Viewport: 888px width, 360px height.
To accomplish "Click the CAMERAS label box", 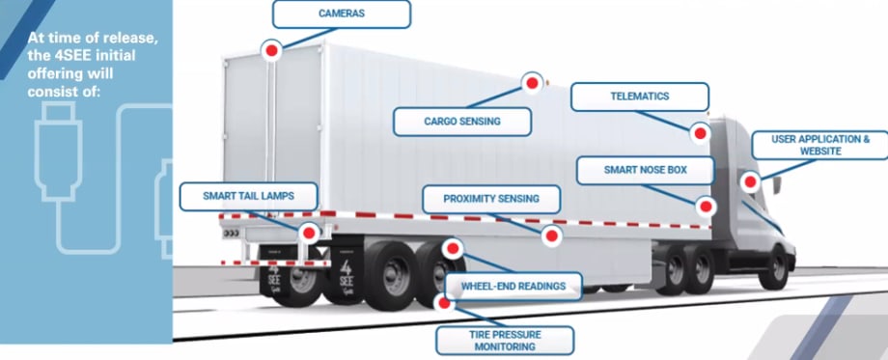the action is (x=342, y=14).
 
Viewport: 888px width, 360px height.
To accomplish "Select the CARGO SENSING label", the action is (x=462, y=122).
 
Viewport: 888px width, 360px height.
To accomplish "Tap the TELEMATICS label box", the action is (x=639, y=97).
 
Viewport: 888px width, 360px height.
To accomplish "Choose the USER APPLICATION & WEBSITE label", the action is (x=820, y=146).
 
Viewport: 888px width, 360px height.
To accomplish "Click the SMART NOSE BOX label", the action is (x=645, y=171).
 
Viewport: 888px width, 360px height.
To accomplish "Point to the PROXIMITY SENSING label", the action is (x=491, y=200).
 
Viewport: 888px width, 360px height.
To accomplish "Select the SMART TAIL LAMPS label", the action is (x=248, y=196).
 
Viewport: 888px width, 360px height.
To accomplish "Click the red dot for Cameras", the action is (x=273, y=48).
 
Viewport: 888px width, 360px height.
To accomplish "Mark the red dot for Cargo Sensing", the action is (x=531, y=83).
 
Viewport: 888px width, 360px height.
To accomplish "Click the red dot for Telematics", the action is (x=701, y=130).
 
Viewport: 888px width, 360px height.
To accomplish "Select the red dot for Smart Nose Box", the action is (x=706, y=205).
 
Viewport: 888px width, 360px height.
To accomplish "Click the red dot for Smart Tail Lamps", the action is (x=309, y=233).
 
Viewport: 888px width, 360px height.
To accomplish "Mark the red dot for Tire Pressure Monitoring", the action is (x=445, y=301).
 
